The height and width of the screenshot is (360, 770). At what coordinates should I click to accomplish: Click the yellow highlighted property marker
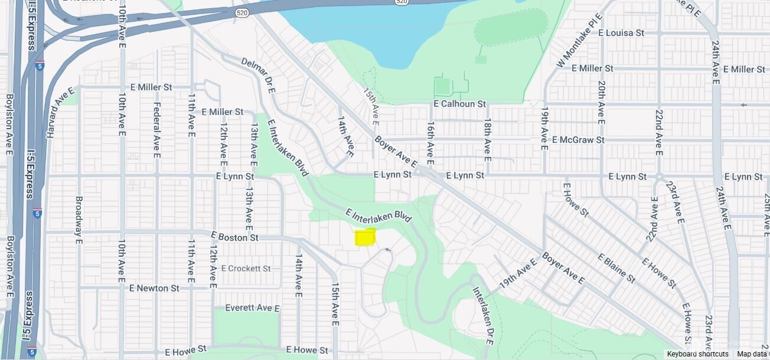(365, 237)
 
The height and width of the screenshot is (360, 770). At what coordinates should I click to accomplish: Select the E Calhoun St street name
(459, 104)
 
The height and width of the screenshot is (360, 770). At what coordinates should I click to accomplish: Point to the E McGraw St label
(578, 140)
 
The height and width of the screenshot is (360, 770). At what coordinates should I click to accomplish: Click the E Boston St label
(234, 237)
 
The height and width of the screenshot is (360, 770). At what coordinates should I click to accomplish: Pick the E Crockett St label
(246, 268)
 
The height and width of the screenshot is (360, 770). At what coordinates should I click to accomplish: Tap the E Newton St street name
(154, 288)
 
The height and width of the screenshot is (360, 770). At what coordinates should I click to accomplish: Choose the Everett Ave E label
(252, 307)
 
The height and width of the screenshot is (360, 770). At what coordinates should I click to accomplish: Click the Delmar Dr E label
(258, 75)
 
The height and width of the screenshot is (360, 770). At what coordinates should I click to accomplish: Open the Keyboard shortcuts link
(697, 354)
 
